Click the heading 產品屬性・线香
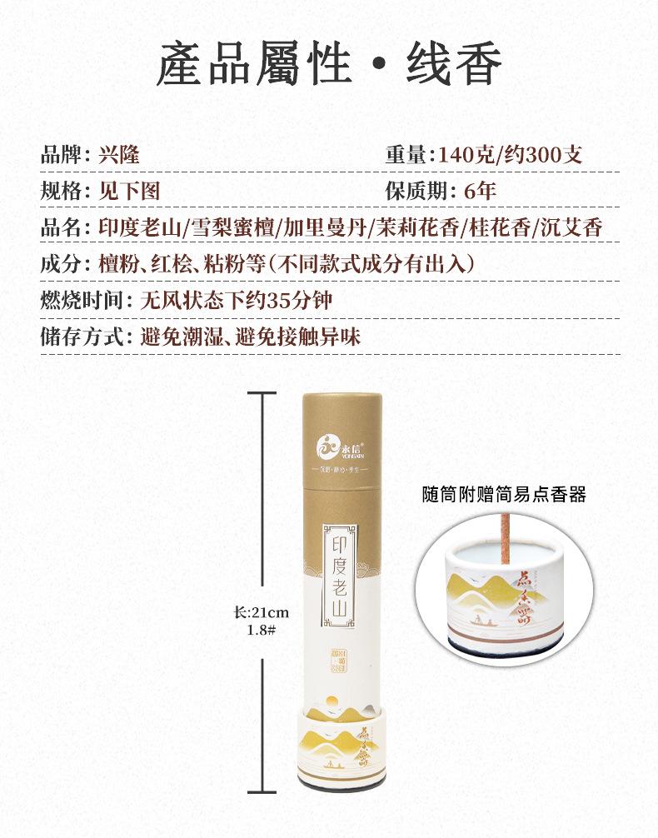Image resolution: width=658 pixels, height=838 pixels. click(329, 65)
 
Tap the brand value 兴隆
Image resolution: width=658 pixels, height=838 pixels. click(118, 155)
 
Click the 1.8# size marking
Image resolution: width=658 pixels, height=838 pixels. click(262, 630)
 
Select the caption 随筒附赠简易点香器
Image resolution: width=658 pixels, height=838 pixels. click(503, 496)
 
